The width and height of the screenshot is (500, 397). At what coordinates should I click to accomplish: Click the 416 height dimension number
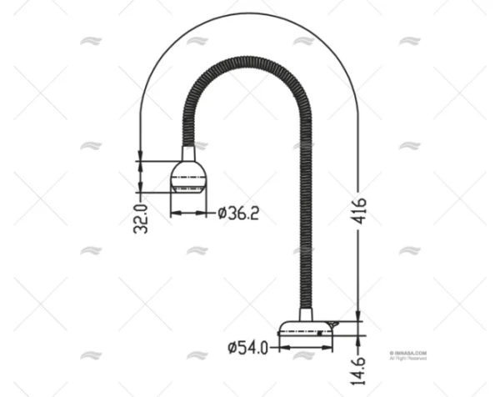(359, 211)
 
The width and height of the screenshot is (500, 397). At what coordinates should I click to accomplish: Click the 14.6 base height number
(358, 367)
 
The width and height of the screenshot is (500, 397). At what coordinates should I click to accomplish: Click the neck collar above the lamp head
(188, 153)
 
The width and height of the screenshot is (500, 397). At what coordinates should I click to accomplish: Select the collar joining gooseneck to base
(306, 314)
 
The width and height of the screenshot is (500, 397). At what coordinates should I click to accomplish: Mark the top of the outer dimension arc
(249, 14)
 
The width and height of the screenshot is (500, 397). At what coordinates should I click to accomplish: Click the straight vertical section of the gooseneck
(305, 217)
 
